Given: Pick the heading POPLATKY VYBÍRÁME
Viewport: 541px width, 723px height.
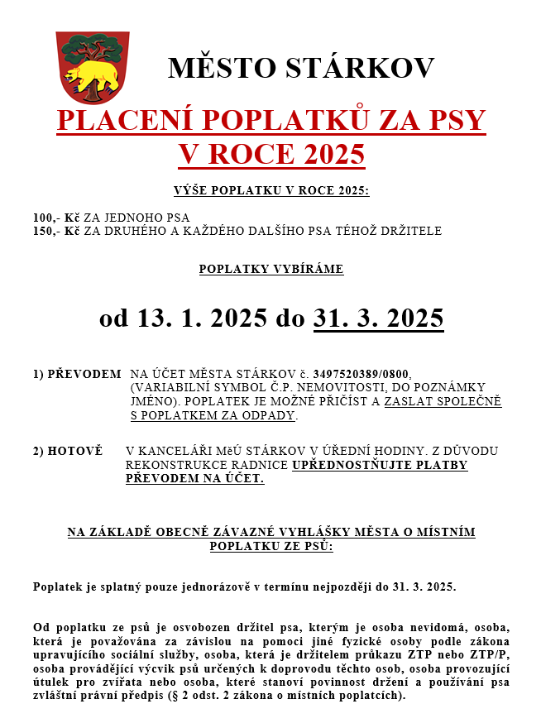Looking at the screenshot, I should pos(270,269).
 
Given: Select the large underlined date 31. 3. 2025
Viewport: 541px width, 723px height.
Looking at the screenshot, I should pos(378,318).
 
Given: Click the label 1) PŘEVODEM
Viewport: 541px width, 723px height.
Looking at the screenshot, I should pos(77,374).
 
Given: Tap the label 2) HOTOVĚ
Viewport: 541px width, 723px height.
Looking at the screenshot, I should pos(68,451).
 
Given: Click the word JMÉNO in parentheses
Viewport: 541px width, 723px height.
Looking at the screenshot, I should pos(154,401).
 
